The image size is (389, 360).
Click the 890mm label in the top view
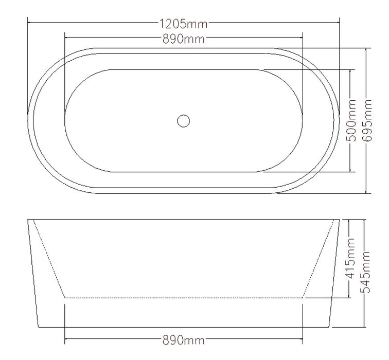(x=184, y=38)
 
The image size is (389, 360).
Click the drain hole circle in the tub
(x=183, y=121)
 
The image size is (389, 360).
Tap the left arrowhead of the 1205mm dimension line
(x=30, y=23)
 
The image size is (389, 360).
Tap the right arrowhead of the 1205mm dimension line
(x=338, y=23)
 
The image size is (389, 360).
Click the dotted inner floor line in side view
(x=184, y=298)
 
